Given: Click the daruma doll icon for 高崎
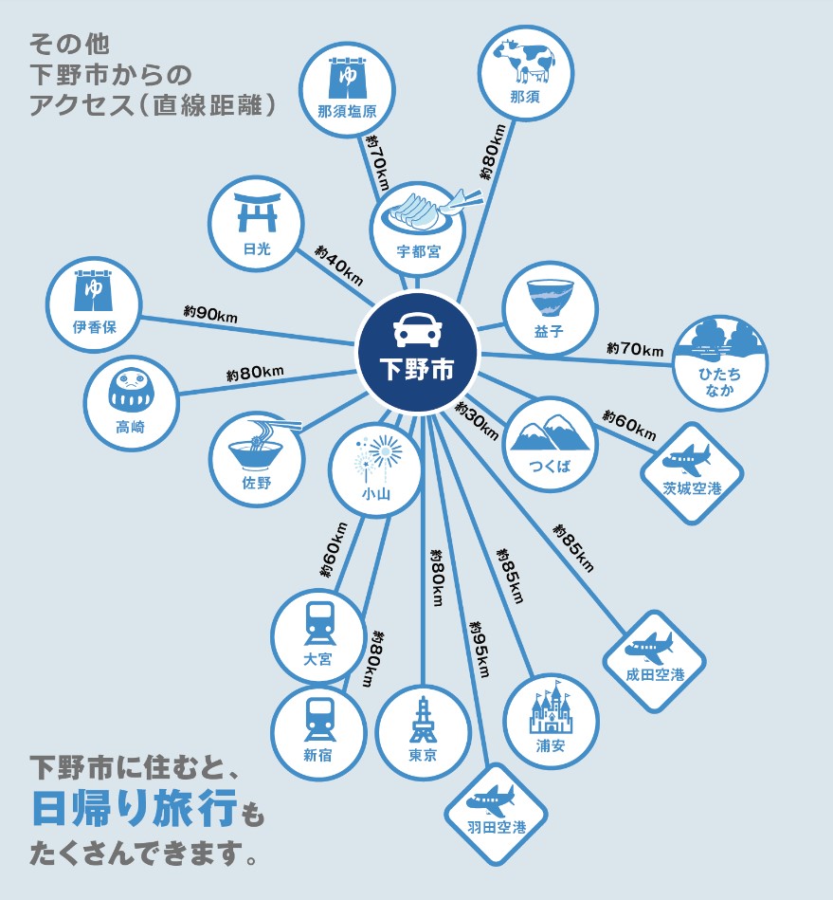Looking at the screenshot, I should (x=130, y=391).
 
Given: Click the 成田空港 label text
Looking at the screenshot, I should (x=654, y=675).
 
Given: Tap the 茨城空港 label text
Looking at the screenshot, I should (x=691, y=488).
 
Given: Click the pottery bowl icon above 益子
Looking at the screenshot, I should (x=550, y=298).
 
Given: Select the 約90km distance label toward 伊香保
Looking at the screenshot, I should (x=210, y=312).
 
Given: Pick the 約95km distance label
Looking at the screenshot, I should (x=479, y=650).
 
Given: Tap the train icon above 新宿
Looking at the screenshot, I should (x=317, y=719).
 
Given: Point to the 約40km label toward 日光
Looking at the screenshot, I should (x=338, y=265).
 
